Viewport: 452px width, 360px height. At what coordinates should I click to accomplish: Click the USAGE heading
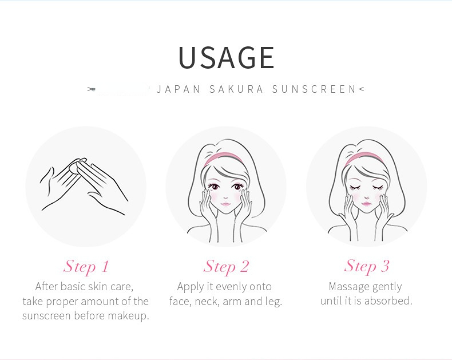click(227, 57)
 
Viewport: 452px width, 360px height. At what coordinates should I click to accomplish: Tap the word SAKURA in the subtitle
click(236, 89)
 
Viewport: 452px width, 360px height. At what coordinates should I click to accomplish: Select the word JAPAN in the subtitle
click(179, 89)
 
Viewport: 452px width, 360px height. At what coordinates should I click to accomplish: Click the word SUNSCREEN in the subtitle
click(314, 89)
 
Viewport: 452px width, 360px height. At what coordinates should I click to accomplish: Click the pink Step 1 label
click(86, 267)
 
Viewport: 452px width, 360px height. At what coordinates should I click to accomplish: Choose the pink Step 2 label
click(226, 267)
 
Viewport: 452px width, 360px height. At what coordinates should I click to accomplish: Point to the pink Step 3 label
click(367, 266)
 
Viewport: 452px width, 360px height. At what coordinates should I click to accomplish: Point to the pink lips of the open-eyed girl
click(225, 204)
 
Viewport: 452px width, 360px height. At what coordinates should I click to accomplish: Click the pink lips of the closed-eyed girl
click(366, 204)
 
